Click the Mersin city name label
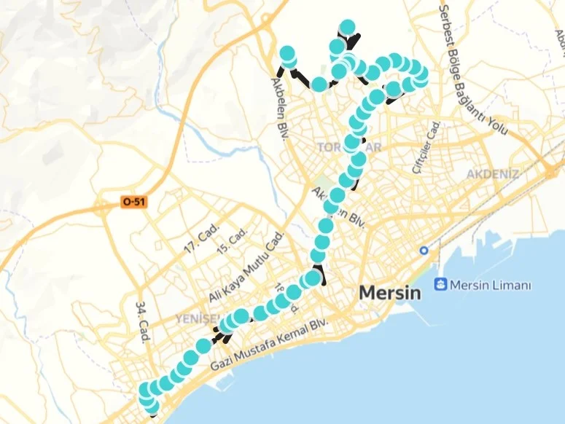point(390,294)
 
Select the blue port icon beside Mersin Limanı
point(440,284)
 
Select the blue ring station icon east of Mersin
point(424,251)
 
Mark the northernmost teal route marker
point(347,28)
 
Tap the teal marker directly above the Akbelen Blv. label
point(287,54)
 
